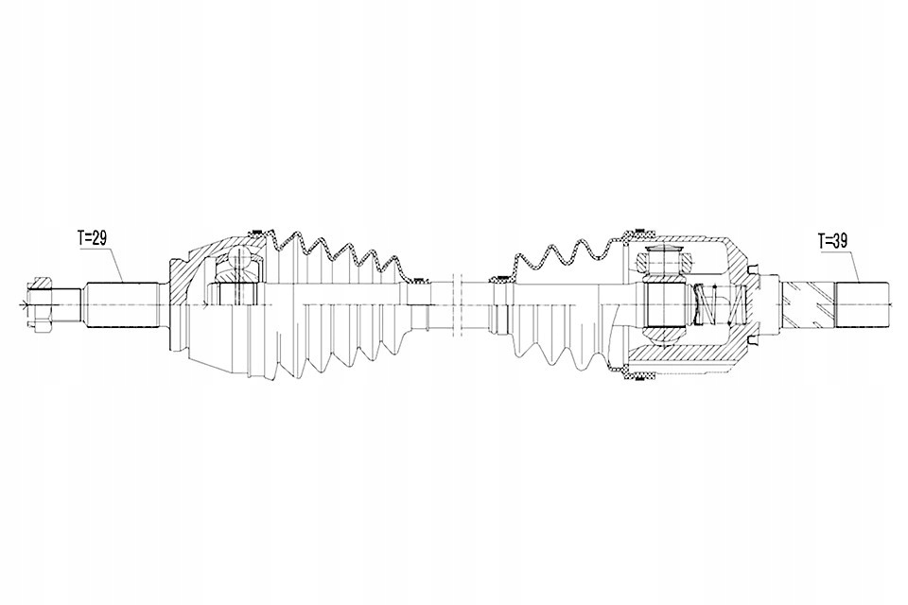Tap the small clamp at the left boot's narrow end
413,281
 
